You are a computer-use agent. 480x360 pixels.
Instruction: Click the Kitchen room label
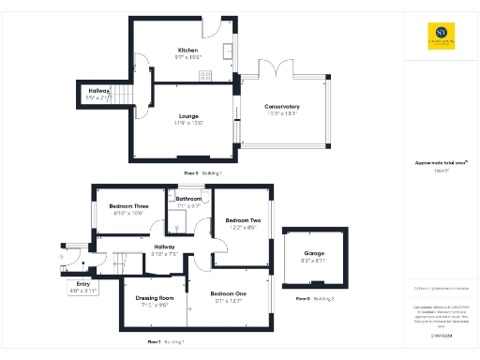coord(187,50)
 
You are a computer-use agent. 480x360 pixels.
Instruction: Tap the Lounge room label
coord(188,116)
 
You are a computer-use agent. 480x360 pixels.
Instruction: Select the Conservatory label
coord(281,107)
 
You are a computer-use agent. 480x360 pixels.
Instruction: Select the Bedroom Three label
coord(128,206)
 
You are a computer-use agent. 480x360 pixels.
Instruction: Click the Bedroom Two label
coord(242,220)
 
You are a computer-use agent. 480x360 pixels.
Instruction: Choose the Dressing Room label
coord(154,272)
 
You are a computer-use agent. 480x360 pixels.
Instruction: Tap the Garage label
coord(314,254)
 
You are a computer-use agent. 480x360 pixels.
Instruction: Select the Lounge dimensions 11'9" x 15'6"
coord(188,123)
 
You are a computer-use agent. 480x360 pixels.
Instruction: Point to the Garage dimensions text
coord(314,262)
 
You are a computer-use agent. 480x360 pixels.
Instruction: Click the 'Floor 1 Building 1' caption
coord(166,342)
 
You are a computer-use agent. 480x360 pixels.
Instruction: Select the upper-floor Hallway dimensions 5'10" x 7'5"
coord(144,253)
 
